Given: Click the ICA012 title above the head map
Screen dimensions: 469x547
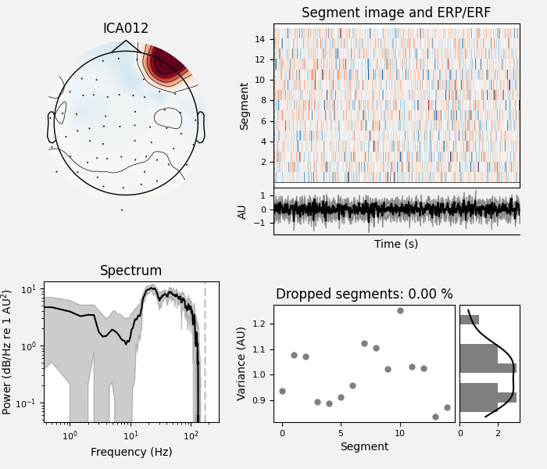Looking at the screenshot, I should pyautogui.click(x=126, y=29).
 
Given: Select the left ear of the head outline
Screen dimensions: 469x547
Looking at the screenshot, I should pyautogui.click(x=52, y=127).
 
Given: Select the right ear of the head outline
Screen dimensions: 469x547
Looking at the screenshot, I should pyautogui.click(x=200, y=127).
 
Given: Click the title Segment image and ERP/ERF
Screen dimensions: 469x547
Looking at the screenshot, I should pyautogui.click(x=396, y=13).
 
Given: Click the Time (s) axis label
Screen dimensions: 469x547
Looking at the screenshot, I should pyautogui.click(x=396, y=244).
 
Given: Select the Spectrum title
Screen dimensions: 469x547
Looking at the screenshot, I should pyautogui.click(x=130, y=271).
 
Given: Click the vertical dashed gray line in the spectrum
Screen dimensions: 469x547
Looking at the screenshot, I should pyautogui.click(x=205, y=352).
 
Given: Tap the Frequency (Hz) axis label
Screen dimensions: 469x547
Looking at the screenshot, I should pyautogui.click(x=130, y=452).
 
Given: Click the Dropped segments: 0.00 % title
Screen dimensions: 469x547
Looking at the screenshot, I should pyautogui.click(x=364, y=295).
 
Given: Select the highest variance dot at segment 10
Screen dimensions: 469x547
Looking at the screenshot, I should pyautogui.click(x=400, y=310).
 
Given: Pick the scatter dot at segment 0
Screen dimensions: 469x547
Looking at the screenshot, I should pyautogui.click(x=282, y=391).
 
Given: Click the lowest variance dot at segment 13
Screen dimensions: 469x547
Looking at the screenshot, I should pyautogui.click(x=435, y=417).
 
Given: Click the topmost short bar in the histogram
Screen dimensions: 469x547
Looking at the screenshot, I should pyautogui.click(x=469, y=320).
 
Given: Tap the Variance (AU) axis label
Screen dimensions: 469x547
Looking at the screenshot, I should pyautogui.click(x=242, y=363).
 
